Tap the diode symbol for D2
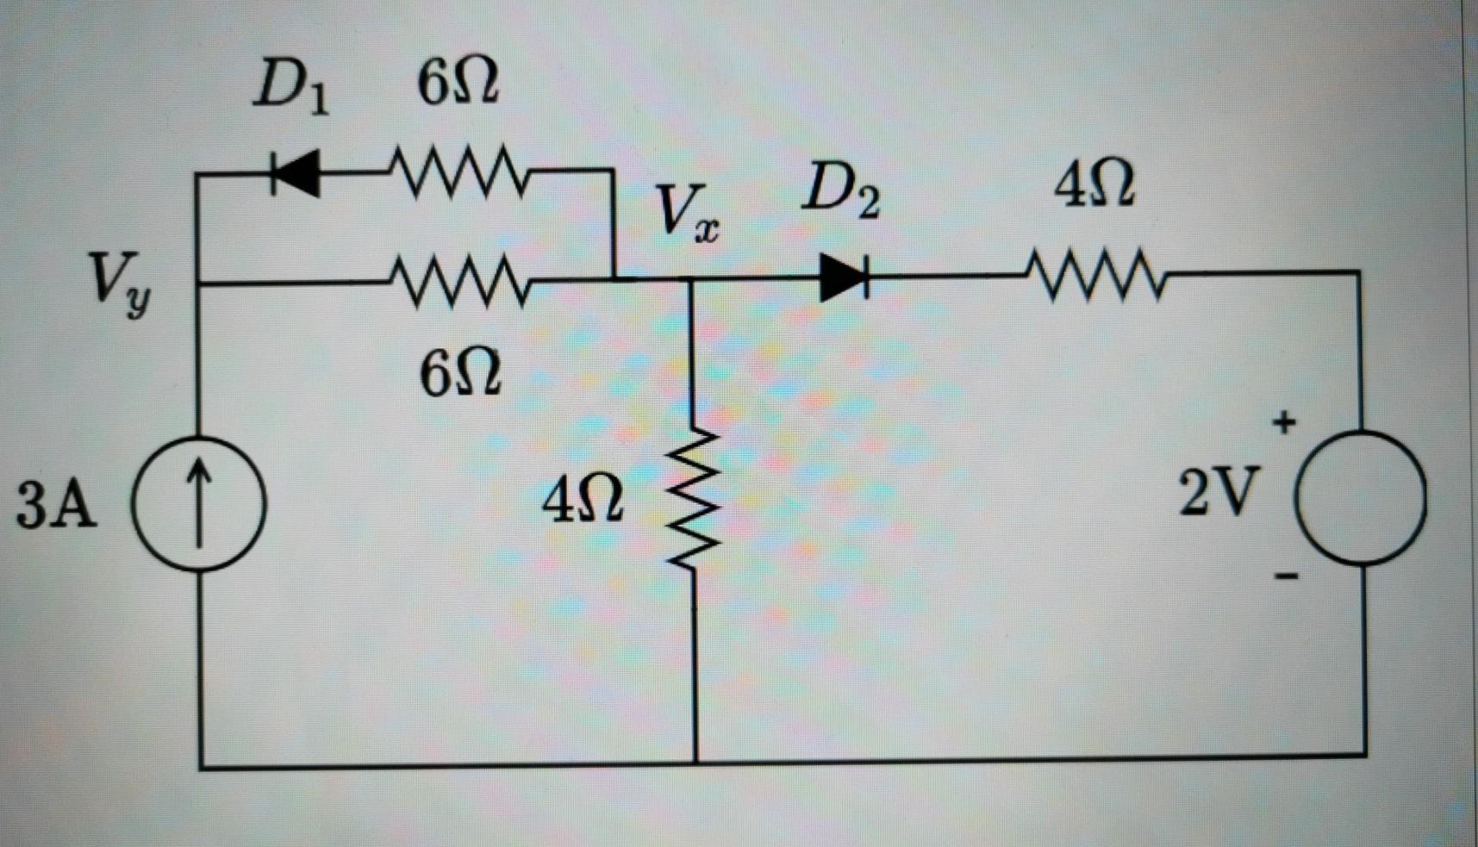[843, 277]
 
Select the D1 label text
[290, 89]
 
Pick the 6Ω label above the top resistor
[458, 84]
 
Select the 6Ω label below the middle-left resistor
[460, 375]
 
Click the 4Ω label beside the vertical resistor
[583, 501]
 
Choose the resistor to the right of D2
[1094, 276]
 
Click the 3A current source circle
[198, 503]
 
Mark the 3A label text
[56, 505]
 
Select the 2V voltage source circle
[1361, 497]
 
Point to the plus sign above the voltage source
[1284, 422]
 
